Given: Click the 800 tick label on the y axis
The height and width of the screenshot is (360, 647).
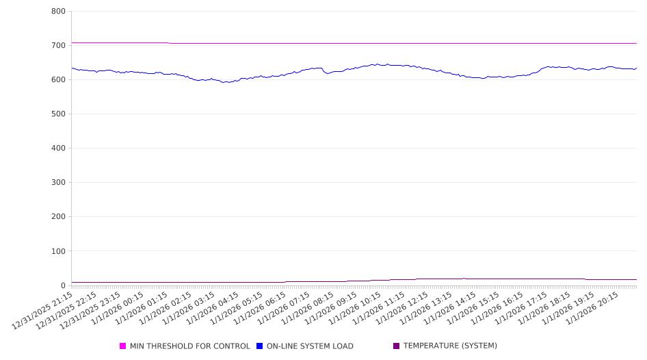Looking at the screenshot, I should coord(58,12).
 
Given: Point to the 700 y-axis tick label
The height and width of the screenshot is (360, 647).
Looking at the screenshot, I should coord(58,46).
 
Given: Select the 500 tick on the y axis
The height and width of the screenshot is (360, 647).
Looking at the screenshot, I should coord(58,114).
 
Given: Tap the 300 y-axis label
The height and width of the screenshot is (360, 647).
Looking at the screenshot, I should coord(58,183).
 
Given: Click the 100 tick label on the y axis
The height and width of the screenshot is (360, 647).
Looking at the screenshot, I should coord(58,251).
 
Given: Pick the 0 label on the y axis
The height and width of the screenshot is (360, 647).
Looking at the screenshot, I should coord(62,285).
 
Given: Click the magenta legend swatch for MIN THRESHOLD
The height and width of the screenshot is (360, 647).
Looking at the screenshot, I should coord(123,346).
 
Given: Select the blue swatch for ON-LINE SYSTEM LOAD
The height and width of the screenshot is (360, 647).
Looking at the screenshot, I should coord(260,346).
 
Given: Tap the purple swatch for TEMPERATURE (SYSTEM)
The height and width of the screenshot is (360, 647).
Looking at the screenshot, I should coord(397,346).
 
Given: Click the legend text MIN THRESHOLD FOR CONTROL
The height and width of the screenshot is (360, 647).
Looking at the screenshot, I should coord(189,346).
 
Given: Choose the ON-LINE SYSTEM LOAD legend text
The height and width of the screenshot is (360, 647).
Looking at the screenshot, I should coord(310,346).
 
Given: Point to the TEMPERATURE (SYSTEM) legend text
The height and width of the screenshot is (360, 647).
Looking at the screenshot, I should coord(450,346).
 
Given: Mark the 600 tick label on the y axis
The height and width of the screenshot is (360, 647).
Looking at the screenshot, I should coord(58,80).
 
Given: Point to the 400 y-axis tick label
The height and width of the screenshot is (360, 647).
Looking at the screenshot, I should coord(58,149).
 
